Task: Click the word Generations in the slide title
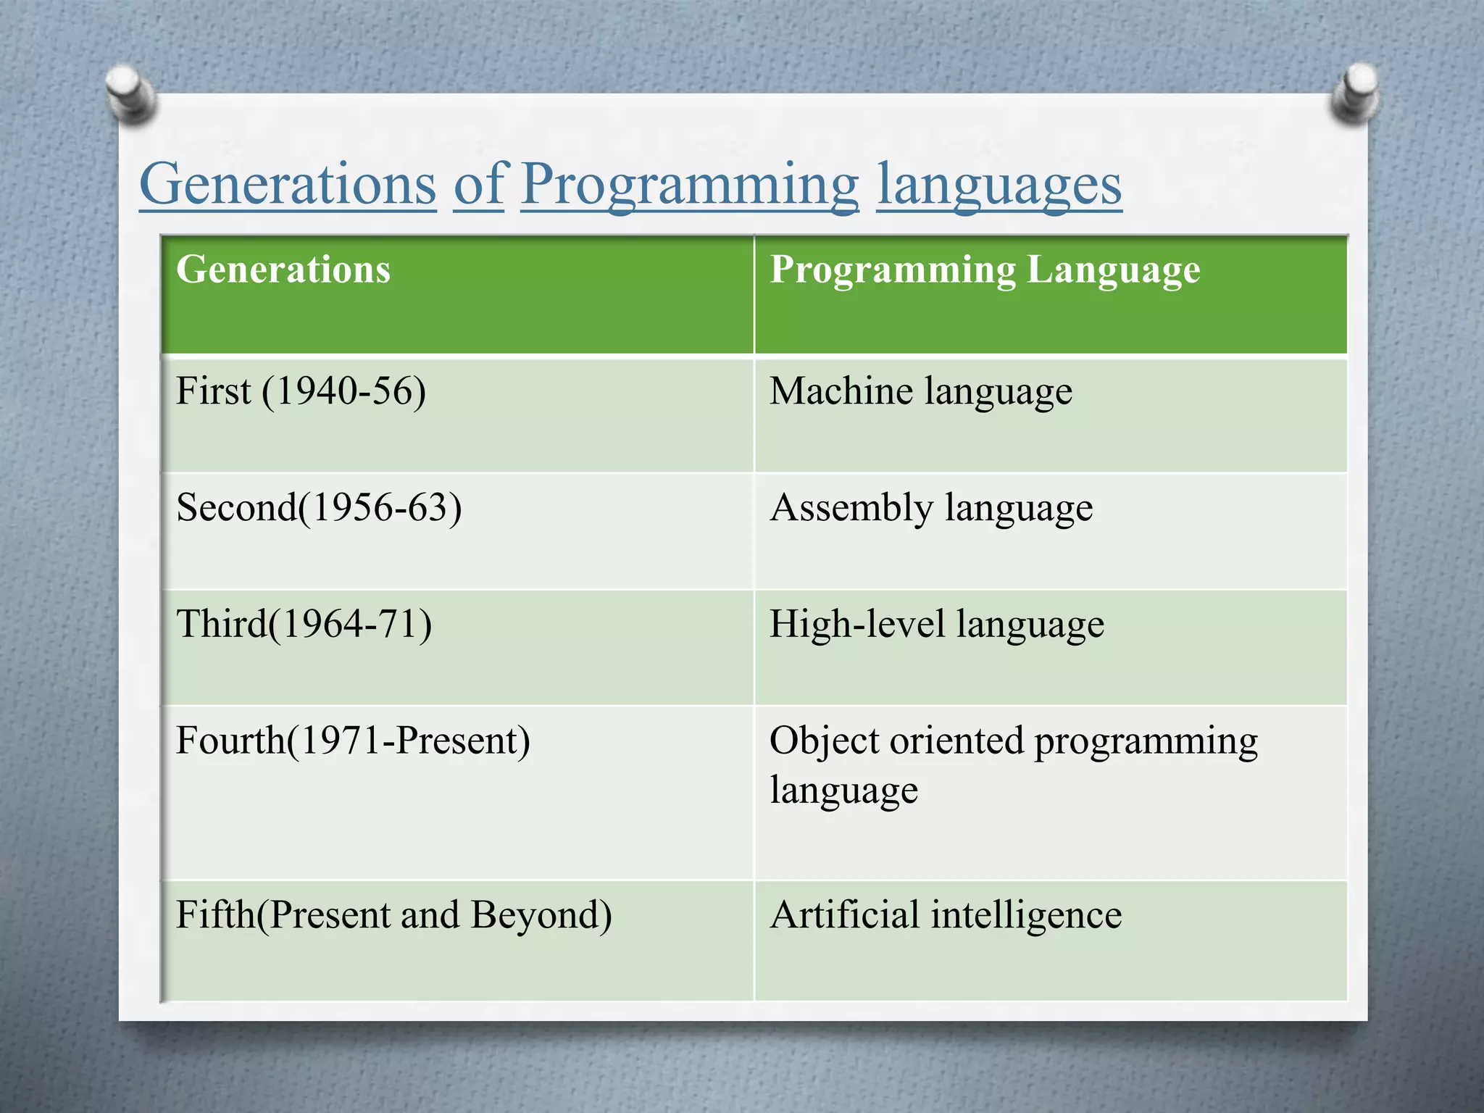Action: click(x=288, y=185)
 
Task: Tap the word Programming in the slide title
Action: click(x=689, y=185)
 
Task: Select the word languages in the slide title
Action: click(x=999, y=185)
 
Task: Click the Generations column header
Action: click(x=283, y=270)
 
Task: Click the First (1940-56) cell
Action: click(x=301, y=391)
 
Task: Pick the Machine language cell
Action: click(x=920, y=392)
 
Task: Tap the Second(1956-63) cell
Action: click(x=319, y=507)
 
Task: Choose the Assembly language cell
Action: click(x=931, y=508)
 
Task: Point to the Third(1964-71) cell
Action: click(x=304, y=624)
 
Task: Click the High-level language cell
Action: click(x=936, y=625)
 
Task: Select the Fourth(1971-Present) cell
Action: click(x=353, y=741)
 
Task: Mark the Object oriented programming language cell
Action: click(x=1013, y=764)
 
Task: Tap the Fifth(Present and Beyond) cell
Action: click(x=393, y=914)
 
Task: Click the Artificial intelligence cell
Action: click(x=946, y=914)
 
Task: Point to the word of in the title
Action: click(x=478, y=185)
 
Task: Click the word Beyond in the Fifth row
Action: click(x=541, y=914)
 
